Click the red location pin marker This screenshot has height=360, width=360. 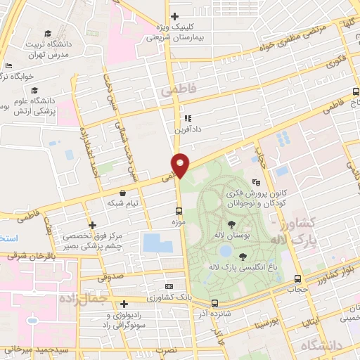click(181, 165)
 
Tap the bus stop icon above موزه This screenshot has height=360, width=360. click(178, 211)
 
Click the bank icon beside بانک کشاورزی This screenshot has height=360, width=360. click(168, 287)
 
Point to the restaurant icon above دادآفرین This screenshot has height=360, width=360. click(187, 118)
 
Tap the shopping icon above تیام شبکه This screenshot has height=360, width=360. click(123, 192)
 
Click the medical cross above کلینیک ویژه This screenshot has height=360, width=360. click(174, 16)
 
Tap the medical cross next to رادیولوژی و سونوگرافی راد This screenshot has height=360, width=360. click(124, 304)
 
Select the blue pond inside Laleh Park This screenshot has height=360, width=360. click(225, 251)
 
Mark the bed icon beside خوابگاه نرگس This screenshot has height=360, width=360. click(8, 66)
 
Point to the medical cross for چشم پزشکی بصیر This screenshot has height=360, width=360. click(91, 224)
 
